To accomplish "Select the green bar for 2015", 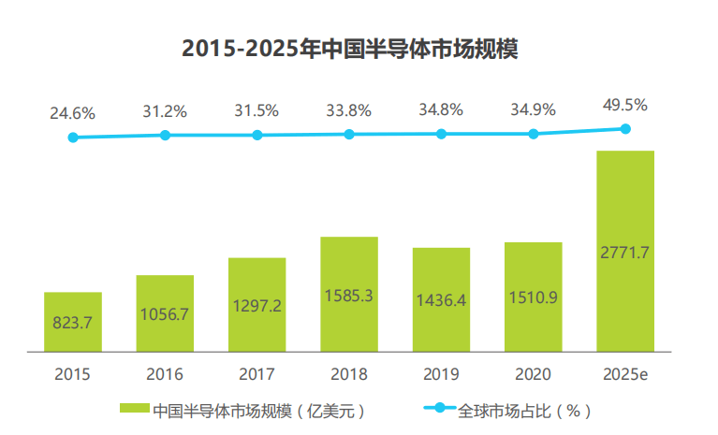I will pyautogui.click(x=73, y=322).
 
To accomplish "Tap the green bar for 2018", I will pyautogui.click(x=349, y=294).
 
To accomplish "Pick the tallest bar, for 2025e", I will pyautogui.click(x=625, y=251).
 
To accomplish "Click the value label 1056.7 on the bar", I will pyautogui.click(x=165, y=314).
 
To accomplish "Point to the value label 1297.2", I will pyautogui.click(x=256, y=306).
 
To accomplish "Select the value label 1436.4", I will pyautogui.click(x=441, y=300).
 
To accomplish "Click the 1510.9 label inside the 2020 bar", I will pyautogui.click(x=533, y=297).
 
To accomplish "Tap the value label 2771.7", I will pyautogui.click(x=625, y=252).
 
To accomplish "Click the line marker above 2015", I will pyautogui.click(x=73, y=138).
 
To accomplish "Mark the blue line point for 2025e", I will pyautogui.click(x=626, y=129).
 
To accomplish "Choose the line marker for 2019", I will pyautogui.click(x=442, y=134).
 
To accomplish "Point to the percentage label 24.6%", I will pyautogui.click(x=73, y=113).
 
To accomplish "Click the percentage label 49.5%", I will pyautogui.click(x=626, y=104).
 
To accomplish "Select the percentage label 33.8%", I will pyautogui.click(x=349, y=110).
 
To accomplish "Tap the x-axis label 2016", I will pyautogui.click(x=165, y=374).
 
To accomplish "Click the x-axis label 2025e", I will pyautogui.click(x=625, y=374).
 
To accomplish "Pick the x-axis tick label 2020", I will pyautogui.click(x=533, y=374).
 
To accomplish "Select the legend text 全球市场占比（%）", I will pyautogui.click(x=523, y=410).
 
